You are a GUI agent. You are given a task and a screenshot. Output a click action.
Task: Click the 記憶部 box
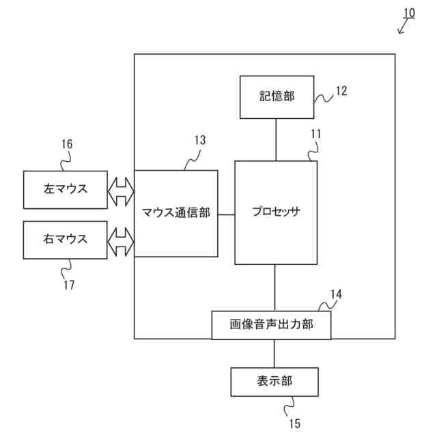pyautogui.click(x=276, y=97)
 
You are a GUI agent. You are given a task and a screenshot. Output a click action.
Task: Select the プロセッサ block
pyautogui.click(x=276, y=212)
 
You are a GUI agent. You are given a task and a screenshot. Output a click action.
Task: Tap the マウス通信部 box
pyautogui.click(x=176, y=213)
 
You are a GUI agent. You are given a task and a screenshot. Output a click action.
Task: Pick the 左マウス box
pyautogui.click(x=66, y=189)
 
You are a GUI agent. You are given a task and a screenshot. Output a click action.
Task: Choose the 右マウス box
pyautogui.click(x=66, y=240)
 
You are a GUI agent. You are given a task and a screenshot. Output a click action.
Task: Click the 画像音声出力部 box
pyautogui.click(x=271, y=325)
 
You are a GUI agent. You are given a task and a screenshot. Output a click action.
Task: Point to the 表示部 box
pyautogui.click(x=274, y=382)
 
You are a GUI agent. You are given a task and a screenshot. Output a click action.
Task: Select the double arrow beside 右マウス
pyautogui.click(x=121, y=240)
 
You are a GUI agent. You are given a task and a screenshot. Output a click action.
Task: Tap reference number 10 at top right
pyautogui.click(x=408, y=13)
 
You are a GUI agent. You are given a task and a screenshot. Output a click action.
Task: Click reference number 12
pyautogui.click(x=341, y=91)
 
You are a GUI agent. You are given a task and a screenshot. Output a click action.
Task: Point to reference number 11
pyautogui.click(x=315, y=134)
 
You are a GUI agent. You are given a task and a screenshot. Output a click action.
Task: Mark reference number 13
pyautogui.click(x=199, y=140)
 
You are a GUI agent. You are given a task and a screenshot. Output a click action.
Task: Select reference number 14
pyautogui.click(x=336, y=294)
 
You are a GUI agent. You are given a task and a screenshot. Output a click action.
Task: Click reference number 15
pyautogui.click(x=294, y=423)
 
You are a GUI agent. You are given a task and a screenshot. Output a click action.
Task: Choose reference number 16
pyautogui.click(x=66, y=144)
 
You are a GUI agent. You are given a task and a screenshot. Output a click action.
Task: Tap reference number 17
pyautogui.click(x=69, y=285)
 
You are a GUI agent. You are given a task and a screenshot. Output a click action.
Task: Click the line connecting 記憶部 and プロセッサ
pyautogui.click(x=276, y=139)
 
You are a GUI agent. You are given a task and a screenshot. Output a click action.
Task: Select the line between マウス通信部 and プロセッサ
pyautogui.click(x=226, y=213)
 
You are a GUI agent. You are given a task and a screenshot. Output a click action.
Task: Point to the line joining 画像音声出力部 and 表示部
pyautogui.click(x=274, y=353)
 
